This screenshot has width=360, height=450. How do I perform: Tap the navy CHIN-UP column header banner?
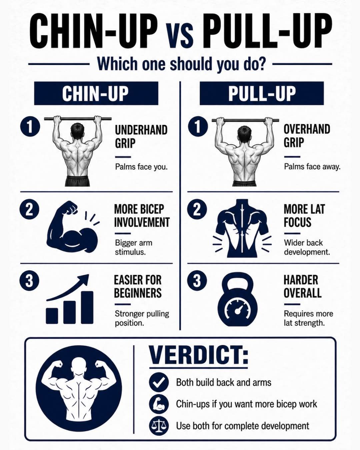pyautogui.click(x=96, y=93)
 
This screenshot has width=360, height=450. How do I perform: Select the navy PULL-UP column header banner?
pyautogui.click(x=262, y=93)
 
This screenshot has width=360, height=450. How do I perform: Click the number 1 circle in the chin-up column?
pyautogui.click(x=30, y=126)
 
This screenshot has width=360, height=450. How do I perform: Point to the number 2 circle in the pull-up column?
pyautogui.click(x=197, y=209)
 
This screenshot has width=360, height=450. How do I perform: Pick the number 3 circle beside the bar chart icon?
pyautogui.click(x=29, y=281)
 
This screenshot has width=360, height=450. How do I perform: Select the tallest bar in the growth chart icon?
pyautogui.click(x=87, y=307)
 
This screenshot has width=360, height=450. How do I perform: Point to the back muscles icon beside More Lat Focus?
pyautogui.click(x=242, y=228)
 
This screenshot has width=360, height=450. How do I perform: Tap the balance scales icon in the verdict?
pyautogui.click(x=159, y=426)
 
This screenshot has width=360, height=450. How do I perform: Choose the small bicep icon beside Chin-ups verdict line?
pyautogui.click(x=159, y=404)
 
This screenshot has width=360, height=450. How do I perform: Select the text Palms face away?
pyautogui.click(x=312, y=167)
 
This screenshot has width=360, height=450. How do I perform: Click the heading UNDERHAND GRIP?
pyautogui.click(x=141, y=137)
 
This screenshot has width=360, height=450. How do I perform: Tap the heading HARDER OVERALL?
pyautogui.click(x=302, y=286)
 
